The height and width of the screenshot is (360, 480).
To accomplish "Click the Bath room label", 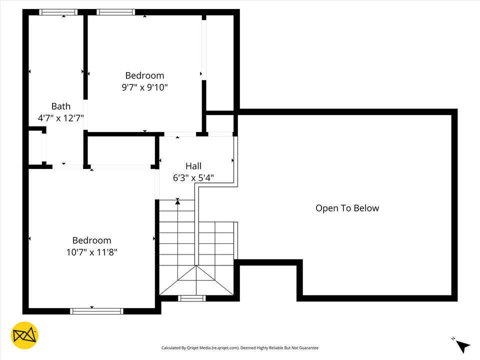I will [61, 106].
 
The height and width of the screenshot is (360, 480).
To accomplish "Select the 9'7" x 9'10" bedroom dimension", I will [144, 87].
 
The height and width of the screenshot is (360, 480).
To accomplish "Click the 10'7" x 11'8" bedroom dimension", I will [91, 252].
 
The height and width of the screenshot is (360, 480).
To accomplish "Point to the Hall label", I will [193, 166].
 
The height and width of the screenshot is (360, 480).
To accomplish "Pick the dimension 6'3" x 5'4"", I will [193, 177].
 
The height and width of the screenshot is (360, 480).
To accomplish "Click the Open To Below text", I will [347, 208].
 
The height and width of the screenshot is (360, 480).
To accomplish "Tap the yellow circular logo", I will [24, 335].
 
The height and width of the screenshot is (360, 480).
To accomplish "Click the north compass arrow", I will [462, 345].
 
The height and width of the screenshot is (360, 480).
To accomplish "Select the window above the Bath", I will [58, 12].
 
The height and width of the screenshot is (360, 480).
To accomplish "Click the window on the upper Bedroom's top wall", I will [116, 12].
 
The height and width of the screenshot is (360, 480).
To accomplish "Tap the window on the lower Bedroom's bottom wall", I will [96, 311].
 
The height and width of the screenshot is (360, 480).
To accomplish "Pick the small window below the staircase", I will [192, 298].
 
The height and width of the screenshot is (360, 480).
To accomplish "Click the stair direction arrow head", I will [177, 202].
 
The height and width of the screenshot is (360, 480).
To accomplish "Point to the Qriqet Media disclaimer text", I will [239, 348].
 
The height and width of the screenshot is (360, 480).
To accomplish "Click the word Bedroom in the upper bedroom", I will [144, 75].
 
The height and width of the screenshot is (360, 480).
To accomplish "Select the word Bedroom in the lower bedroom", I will [91, 240].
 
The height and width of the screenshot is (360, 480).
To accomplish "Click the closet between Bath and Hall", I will [120, 150].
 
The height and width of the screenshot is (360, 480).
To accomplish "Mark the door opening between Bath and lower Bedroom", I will [67, 166].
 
